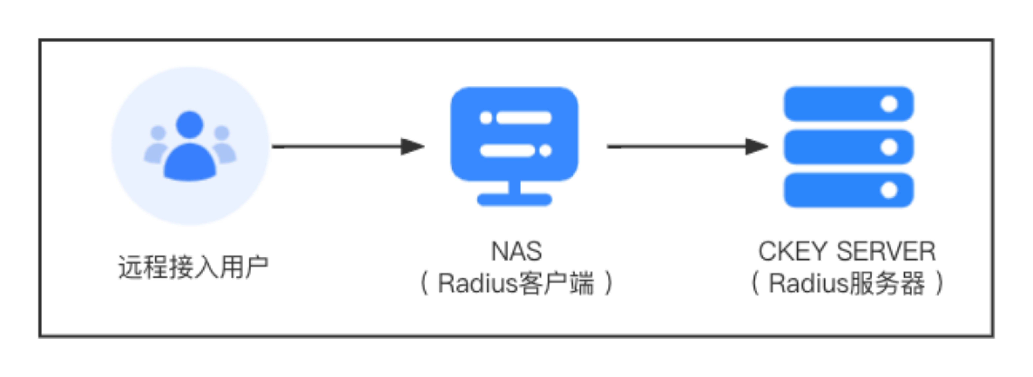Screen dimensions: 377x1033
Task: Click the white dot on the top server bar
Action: coord(889,104)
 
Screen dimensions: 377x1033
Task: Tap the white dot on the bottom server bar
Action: coord(889,190)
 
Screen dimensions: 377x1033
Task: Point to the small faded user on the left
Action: coord(156,146)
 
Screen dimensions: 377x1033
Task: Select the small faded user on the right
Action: coord(223,146)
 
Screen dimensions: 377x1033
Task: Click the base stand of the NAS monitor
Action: coord(514,199)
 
